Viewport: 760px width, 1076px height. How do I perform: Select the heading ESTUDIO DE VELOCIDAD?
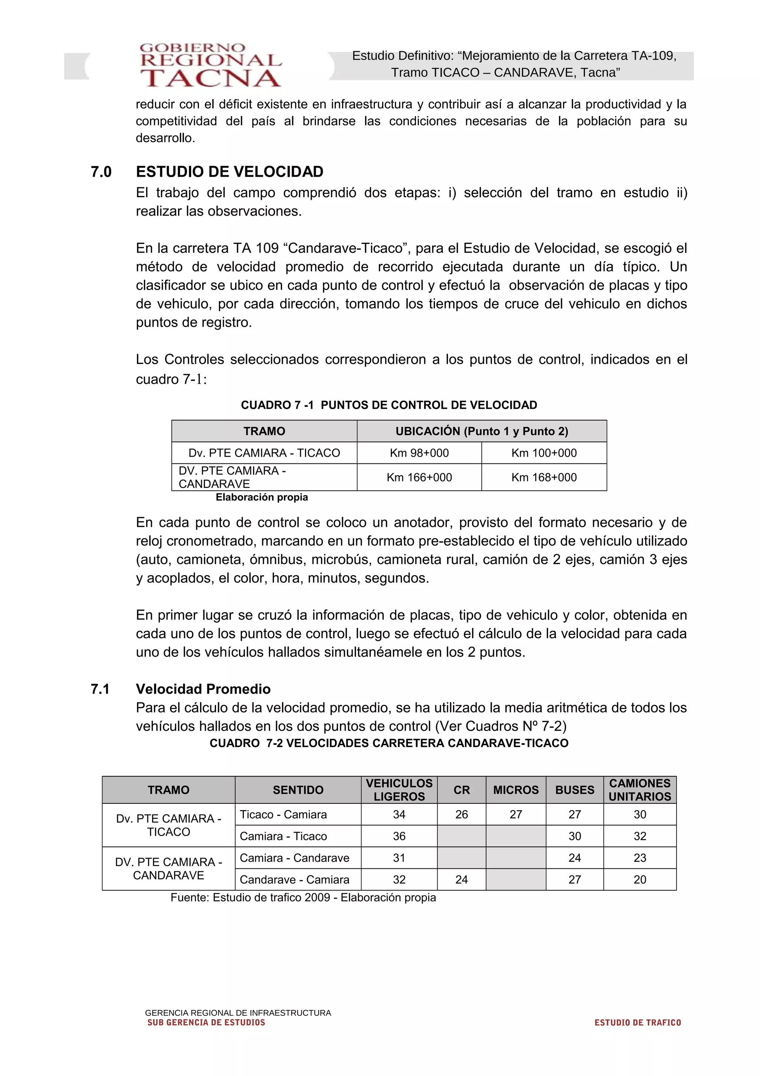(x=229, y=172)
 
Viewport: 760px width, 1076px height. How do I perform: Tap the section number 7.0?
(x=101, y=172)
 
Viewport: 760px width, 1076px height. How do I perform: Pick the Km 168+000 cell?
(x=544, y=477)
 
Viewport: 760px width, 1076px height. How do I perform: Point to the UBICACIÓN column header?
(x=481, y=431)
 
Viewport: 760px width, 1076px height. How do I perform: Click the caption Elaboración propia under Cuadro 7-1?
(x=262, y=497)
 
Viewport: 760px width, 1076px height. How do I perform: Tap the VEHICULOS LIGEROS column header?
(x=399, y=790)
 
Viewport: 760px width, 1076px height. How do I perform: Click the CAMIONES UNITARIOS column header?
(x=640, y=790)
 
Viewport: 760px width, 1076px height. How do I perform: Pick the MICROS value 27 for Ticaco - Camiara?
(x=515, y=815)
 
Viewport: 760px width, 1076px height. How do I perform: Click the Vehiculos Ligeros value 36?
(x=399, y=836)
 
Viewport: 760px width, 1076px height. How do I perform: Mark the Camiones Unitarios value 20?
(x=640, y=880)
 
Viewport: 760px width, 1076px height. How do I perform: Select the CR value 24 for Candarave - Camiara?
(x=461, y=880)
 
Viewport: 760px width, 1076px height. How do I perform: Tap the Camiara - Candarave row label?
(x=295, y=858)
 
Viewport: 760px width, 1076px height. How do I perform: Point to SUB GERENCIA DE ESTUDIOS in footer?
(x=206, y=1023)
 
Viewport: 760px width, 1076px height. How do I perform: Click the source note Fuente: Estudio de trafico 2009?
(x=303, y=897)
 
